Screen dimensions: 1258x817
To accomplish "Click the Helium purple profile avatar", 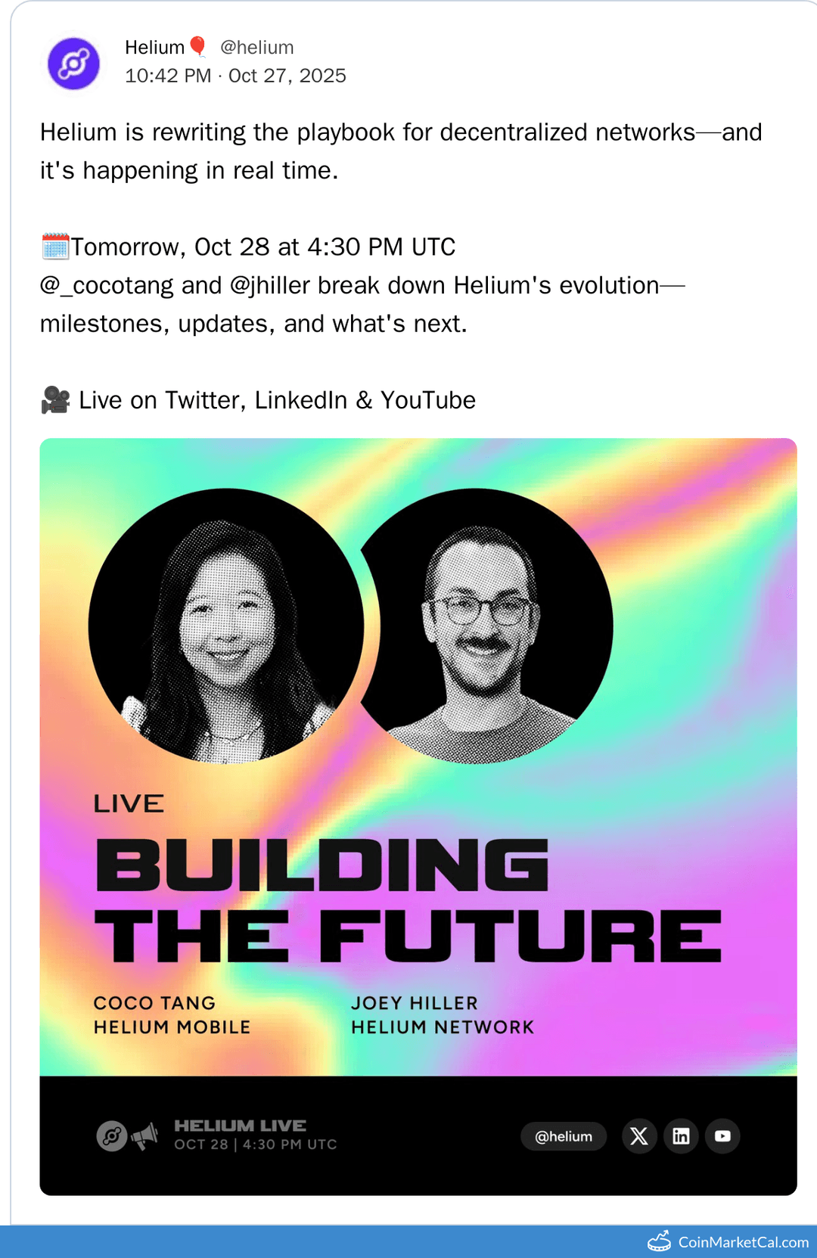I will tap(73, 64).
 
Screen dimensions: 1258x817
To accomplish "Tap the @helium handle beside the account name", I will tap(256, 48).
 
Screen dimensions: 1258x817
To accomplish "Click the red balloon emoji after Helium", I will tap(198, 47).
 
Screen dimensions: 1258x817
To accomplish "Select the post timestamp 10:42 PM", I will tap(168, 76).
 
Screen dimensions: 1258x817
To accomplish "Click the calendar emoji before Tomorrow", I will tap(55, 247).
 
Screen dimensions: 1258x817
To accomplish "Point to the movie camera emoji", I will tap(55, 400).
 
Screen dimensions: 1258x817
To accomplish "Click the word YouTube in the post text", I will tap(427, 400).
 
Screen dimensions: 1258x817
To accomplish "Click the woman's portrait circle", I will tap(225, 626).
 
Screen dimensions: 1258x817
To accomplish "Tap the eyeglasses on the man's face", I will tap(480, 609).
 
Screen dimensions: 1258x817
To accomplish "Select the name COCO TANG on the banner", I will tap(154, 1003).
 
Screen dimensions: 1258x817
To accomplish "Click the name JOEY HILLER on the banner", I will tap(414, 1003).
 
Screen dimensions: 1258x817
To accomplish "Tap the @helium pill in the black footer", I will tap(564, 1136).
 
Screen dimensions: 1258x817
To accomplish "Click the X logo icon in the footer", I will tap(639, 1136).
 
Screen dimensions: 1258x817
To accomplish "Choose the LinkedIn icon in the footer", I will tap(681, 1136).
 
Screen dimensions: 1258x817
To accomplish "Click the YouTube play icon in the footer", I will tap(722, 1136).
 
